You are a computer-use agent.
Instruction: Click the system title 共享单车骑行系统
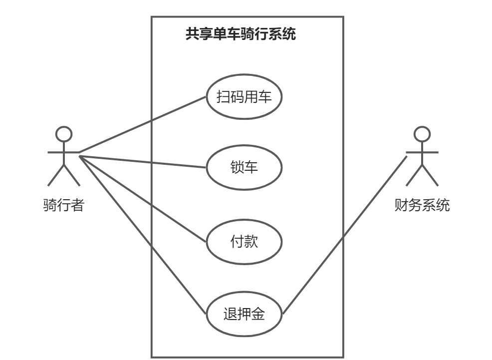click(241, 34)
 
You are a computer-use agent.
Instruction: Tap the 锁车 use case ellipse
click(244, 167)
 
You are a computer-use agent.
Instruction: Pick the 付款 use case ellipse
click(244, 243)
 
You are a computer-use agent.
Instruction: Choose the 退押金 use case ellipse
click(244, 314)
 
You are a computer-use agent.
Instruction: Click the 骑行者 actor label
click(63, 205)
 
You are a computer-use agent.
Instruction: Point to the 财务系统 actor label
click(422, 205)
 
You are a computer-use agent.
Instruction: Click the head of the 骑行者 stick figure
click(63, 134)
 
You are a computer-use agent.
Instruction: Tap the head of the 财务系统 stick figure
click(422, 134)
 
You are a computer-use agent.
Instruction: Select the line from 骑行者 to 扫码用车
click(143, 124)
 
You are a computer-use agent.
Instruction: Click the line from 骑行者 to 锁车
click(143, 162)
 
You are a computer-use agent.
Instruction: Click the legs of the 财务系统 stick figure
click(422, 174)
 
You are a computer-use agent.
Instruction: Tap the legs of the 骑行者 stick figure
click(63, 174)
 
